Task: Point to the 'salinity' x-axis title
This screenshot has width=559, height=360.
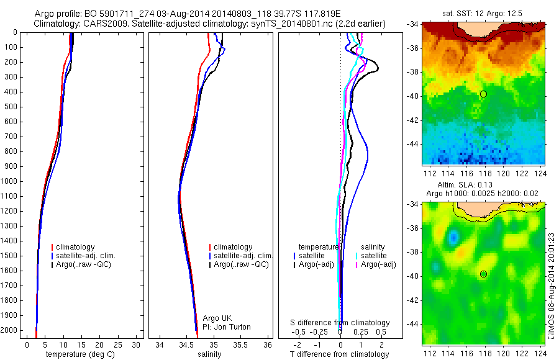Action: (x=209, y=354)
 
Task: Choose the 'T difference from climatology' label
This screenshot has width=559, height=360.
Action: (x=339, y=354)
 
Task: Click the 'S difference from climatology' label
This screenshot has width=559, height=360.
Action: (x=340, y=323)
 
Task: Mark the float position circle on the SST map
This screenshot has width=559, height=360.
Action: (x=483, y=94)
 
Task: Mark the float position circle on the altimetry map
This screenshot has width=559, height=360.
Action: (x=483, y=274)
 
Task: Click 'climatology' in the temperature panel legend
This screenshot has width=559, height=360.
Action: (x=75, y=247)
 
